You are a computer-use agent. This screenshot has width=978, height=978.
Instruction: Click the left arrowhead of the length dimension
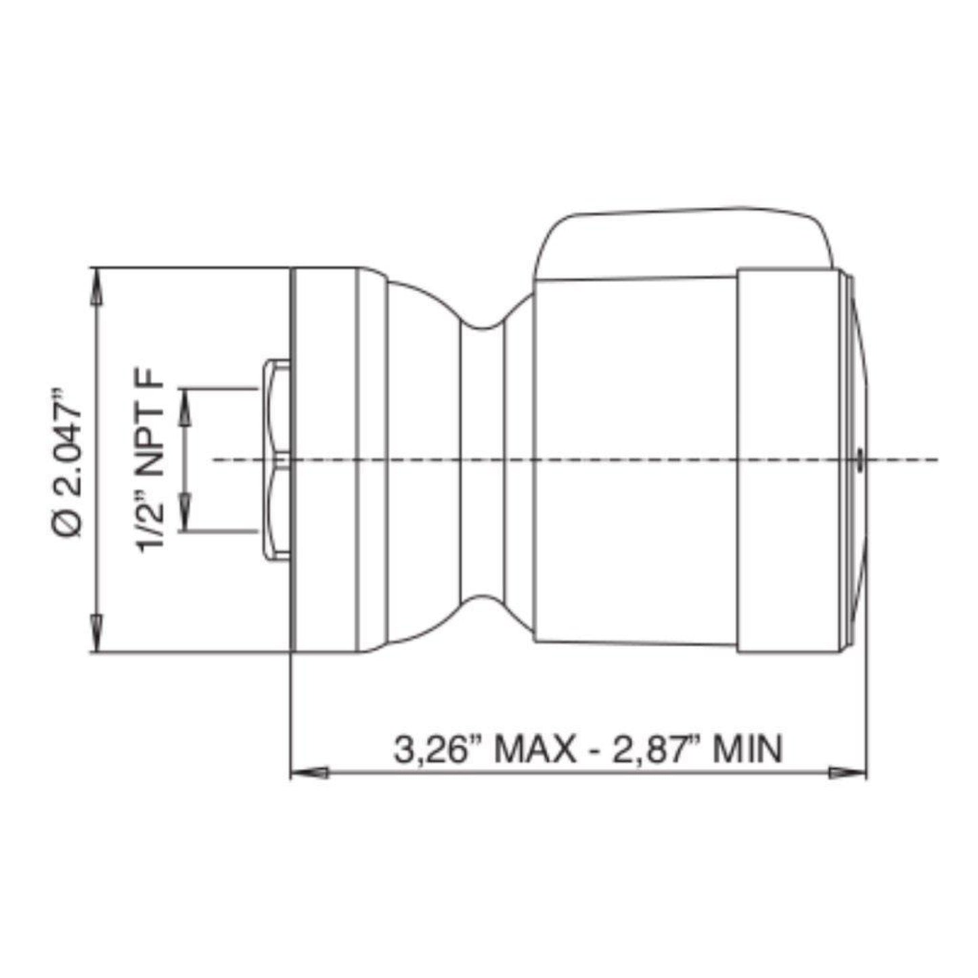[x=308, y=772]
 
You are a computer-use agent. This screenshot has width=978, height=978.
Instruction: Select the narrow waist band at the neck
[x=482, y=460]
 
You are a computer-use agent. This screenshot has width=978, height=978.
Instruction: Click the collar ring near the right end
[x=791, y=460]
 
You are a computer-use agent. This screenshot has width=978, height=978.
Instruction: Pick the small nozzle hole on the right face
[x=858, y=460]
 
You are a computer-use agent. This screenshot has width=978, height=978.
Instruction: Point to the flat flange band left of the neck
[x=324, y=460]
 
